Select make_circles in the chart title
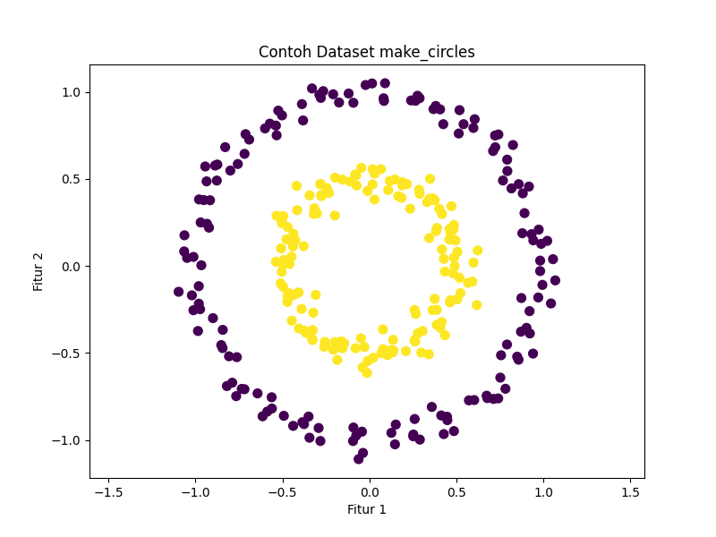[427, 52]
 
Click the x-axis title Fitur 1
[367, 510]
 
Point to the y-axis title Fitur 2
[38, 266]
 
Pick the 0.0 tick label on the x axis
[369, 491]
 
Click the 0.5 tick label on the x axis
[456, 491]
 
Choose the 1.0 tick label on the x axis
[543, 491]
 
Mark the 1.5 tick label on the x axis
[630, 491]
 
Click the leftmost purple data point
[179, 292]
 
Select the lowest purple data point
[359, 459]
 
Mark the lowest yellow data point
[367, 372]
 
